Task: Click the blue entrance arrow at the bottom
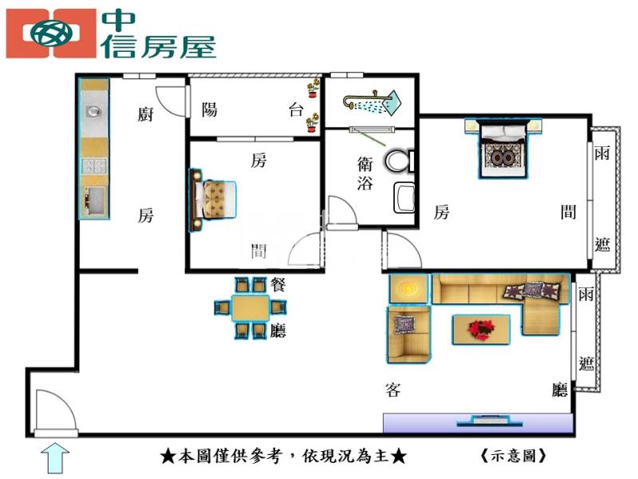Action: [x=55, y=458]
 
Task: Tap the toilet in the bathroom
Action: [x=400, y=161]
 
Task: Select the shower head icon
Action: [x=372, y=101]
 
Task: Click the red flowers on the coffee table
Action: [x=481, y=328]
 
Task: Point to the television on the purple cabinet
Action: [x=490, y=421]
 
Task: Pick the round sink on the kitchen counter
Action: [x=93, y=111]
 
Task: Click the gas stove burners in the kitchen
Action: [x=94, y=166]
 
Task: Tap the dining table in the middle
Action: [x=250, y=308]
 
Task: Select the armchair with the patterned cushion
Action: [x=408, y=335]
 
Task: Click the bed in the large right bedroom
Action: [x=503, y=148]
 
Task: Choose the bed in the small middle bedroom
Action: [x=212, y=200]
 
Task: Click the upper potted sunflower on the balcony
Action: [x=313, y=88]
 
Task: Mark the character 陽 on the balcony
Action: [x=210, y=109]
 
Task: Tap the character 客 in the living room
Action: [x=392, y=390]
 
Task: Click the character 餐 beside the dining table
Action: [x=278, y=284]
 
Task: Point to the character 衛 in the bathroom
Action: [x=365, y=163]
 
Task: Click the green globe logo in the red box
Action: [x=51, y=34]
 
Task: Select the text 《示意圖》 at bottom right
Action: [x=513, y=455]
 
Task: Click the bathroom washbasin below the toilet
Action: [x=404, y=197]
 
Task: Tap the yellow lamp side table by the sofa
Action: [x=408, y=289]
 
